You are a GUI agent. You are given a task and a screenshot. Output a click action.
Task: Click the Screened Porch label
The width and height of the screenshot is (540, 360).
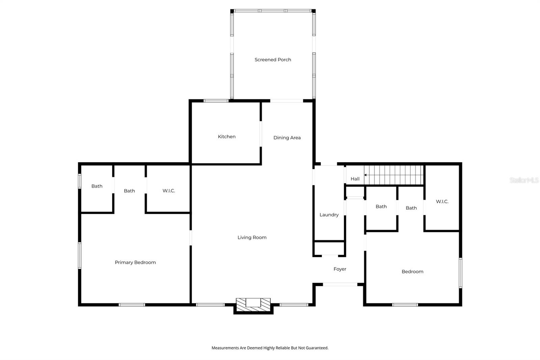click(x=273, y=60)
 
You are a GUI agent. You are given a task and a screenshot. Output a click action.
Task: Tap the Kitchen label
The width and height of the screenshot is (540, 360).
click(x=226, y=137)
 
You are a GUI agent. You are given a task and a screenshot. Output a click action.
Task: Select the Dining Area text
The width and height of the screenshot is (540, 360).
click(x=287, y=138)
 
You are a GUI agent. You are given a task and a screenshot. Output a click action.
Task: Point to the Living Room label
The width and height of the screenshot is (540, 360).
click(x=252, y=237)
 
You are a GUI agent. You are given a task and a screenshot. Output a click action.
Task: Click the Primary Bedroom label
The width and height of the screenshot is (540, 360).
click(x=135, y=262)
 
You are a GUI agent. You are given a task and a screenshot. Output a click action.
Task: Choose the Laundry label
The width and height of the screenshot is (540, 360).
click(x=329, y=215)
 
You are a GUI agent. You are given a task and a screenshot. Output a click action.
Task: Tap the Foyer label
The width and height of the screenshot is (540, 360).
click(x=340, y=269)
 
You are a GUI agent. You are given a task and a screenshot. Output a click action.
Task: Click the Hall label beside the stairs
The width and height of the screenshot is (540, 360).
click(x=355, y=179)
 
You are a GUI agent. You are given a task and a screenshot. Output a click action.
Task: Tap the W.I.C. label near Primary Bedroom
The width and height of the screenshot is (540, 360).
click(x=168, y=191)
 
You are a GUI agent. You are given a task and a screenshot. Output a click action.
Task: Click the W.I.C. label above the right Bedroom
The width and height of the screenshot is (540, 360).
click(x=442, y=202)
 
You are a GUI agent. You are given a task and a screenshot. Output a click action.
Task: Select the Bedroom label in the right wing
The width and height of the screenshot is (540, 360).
click(x=412, y=272)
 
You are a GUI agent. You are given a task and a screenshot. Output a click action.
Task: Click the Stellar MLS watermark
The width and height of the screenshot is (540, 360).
click(x=524, y=180)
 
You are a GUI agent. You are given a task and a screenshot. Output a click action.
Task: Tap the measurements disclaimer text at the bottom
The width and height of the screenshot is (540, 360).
click(x=270, y=348)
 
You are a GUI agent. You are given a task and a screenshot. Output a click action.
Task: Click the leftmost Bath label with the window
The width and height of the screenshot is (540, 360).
click(x=97, y=186)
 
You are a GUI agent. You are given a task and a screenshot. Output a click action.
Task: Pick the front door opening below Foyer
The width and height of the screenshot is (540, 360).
click(x=340, y=284)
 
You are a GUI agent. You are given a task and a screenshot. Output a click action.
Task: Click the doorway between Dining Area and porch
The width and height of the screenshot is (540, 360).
click(x=287, y=101)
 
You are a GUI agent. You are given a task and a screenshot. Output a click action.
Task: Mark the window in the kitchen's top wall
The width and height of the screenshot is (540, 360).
click(x=216, y=101)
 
